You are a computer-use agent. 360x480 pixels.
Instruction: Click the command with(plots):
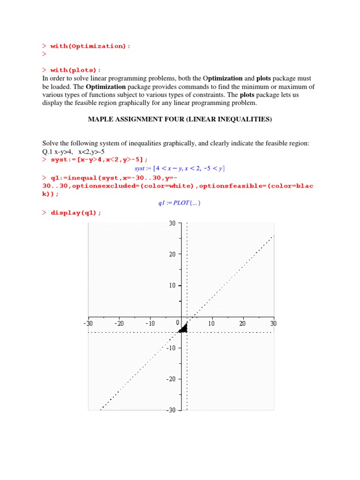(x=75, y=70)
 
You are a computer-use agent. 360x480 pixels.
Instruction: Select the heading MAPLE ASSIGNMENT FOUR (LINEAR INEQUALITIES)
(x=180, y=120)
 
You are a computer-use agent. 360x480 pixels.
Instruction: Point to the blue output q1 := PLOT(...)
(x=180, y=203)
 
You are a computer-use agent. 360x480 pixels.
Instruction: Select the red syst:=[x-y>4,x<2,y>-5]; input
(x=99, y=159)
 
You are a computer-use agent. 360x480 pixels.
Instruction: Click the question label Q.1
(x=48, y=151)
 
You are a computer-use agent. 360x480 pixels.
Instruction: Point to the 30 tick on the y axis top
(x=172, y=224)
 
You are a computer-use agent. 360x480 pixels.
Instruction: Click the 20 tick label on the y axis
(x=172, y=254)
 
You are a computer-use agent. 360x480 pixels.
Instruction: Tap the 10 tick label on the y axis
(x=172, y=285)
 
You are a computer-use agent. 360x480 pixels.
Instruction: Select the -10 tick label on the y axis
(x=171, y=348)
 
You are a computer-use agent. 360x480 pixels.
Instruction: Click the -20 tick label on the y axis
(x=171, y=379)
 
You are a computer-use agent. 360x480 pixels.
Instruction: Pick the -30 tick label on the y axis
(x=171, y=410)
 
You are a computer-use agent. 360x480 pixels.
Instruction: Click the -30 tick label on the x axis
(x=88, y=323)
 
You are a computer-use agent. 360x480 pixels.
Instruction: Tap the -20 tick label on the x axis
(x=119, y=323)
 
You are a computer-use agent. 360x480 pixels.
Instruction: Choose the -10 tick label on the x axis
(x=150, y=323)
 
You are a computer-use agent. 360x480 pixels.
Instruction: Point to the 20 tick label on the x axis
(x=242, y=323)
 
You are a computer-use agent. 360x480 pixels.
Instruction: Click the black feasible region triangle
(x=183, y=329)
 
